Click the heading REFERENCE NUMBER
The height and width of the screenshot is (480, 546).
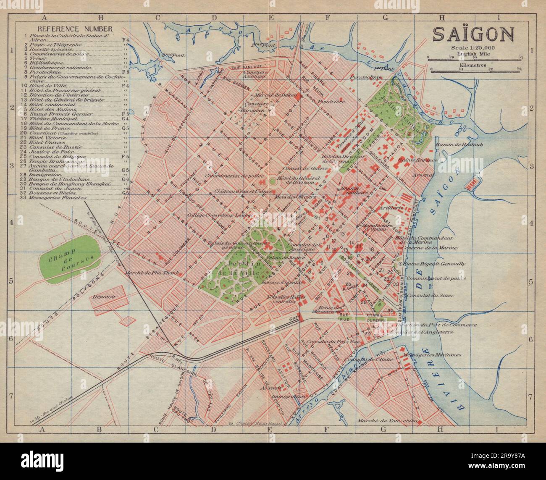(x=75, y=29)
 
